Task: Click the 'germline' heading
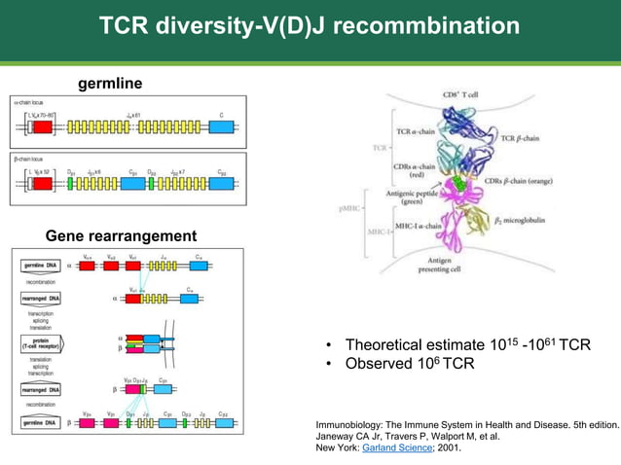click(110, 84)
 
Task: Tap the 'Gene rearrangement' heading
click(121, 235)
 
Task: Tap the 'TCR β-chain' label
click(519, 138)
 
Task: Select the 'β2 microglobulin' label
click(519, 221)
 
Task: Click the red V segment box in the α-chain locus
click(43, 126)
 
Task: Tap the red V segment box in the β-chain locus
click(44, 183)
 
